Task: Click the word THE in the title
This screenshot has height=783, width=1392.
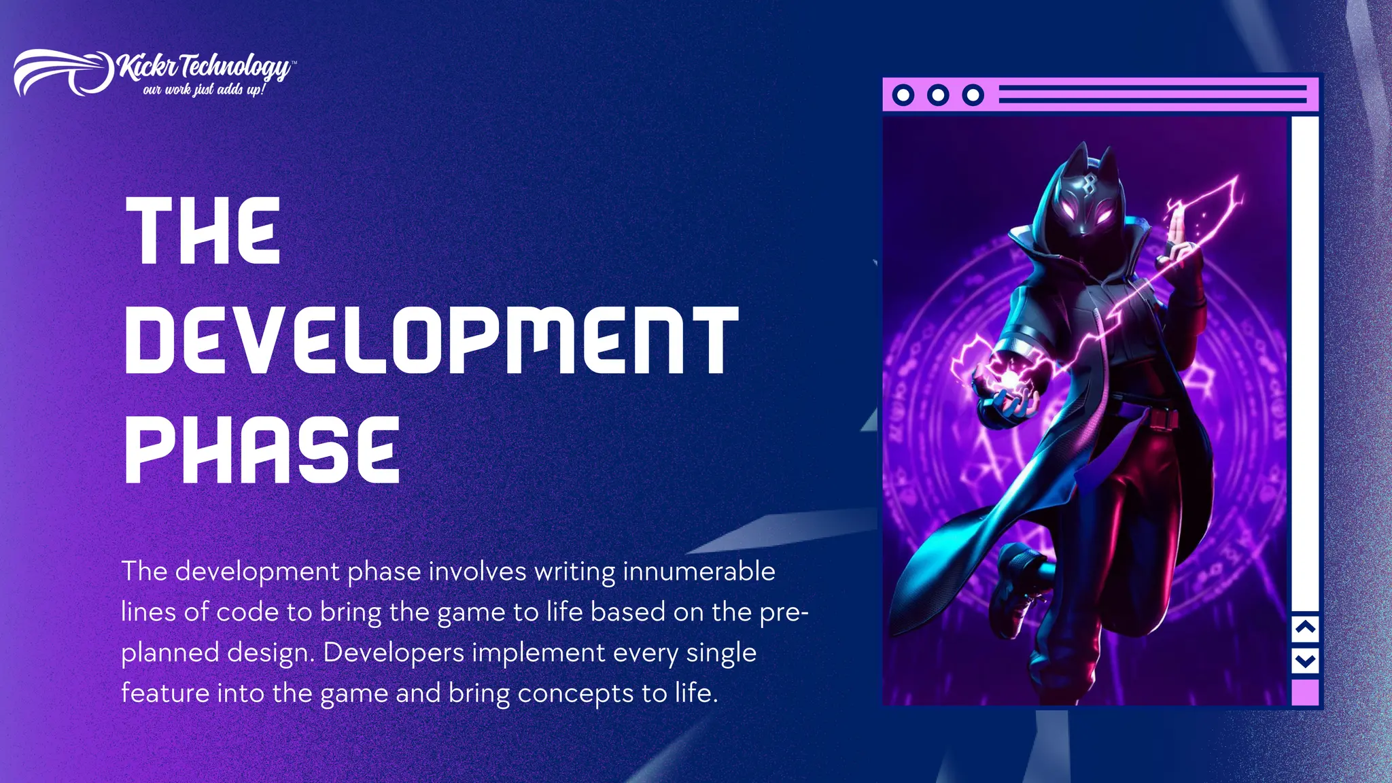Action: point(203,231)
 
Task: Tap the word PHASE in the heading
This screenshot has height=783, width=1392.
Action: point(262,449)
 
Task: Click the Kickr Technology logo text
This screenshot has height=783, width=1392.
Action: point(204,67)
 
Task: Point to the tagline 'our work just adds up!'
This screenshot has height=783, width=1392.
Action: point(203,90)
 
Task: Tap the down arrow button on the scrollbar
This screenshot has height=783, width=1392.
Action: point(1305,660)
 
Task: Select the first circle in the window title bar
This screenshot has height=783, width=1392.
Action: point(903,95)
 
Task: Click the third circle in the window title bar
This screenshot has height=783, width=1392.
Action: point(973,95)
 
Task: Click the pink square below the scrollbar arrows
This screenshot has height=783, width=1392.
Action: point(1305,693)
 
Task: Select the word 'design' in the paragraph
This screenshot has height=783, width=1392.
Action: point(270,652)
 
